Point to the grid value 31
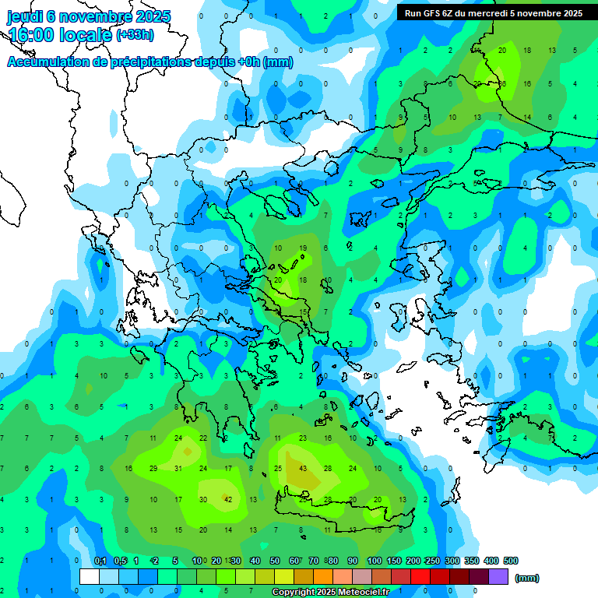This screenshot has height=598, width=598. [178, 469]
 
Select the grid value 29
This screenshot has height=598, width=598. [153, 469]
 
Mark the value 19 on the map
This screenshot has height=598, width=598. [302, 248]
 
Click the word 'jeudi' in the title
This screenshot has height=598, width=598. [27, 16]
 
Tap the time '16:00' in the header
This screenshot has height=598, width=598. [37, 35]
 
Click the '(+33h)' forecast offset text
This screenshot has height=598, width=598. [135, 35]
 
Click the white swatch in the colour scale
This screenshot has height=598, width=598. [90, 577]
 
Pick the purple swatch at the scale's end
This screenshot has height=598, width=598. [498, 577]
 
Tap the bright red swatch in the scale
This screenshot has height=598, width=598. [420, 577]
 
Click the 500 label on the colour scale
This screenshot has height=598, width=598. [510, 561]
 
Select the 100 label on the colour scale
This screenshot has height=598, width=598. [375, 561]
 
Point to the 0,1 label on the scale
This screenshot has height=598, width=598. [100, 561]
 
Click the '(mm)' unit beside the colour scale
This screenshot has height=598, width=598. [527, 578]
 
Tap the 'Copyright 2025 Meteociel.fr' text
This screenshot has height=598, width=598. [331, 593]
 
